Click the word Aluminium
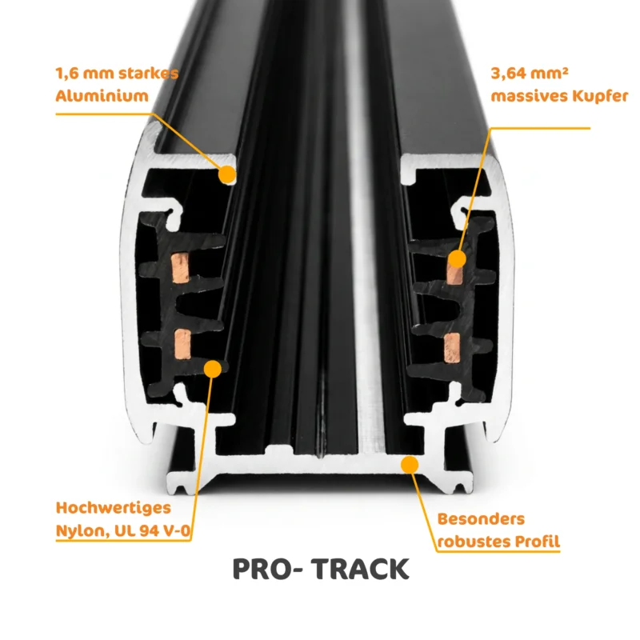102,96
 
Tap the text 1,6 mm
84,74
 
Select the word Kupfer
600,96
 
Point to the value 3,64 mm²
530,74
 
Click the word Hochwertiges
114,508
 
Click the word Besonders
481,519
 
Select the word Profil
537,542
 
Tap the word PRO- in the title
268,569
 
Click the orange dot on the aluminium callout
227,174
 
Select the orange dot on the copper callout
457,258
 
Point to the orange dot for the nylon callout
213,369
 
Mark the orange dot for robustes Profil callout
410,465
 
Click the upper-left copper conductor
180,268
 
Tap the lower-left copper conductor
182,345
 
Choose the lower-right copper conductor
452,348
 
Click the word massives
529,97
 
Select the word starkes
149,74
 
